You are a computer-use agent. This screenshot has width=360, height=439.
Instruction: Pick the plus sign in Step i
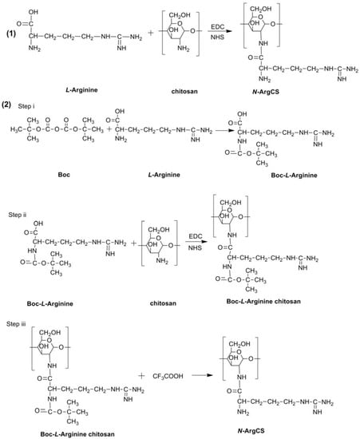pos(99,137)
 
